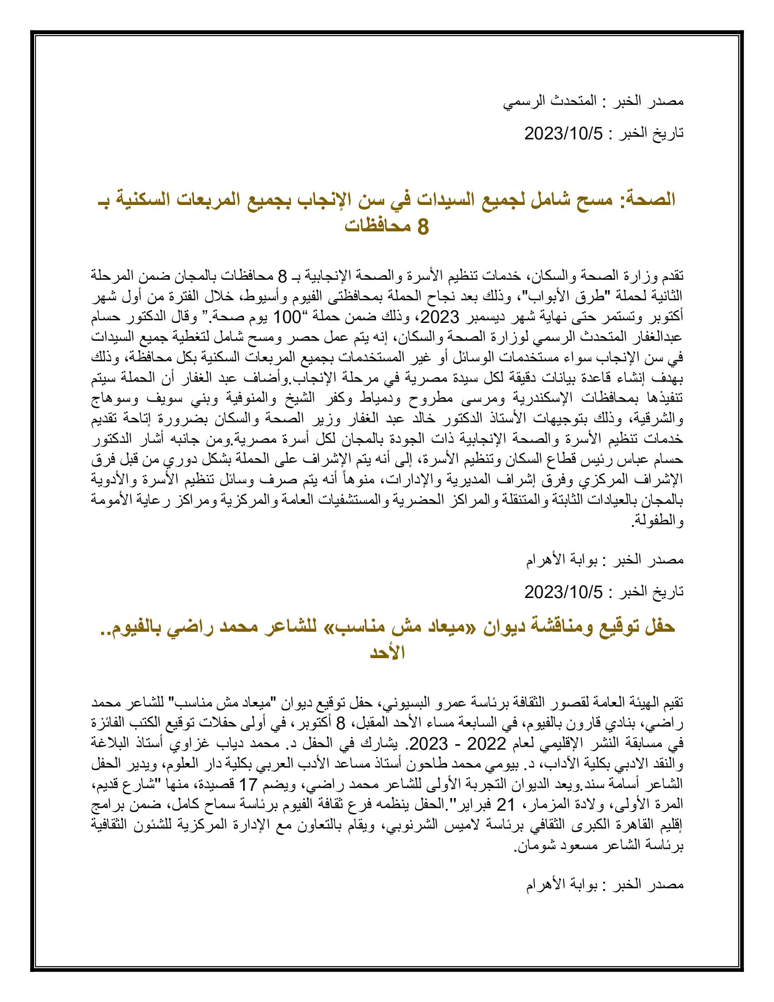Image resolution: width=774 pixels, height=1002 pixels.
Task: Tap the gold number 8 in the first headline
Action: click(423, 227)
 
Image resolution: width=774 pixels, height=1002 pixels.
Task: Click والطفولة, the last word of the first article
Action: click(658, 520)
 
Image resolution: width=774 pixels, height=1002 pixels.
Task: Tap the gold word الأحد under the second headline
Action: click(387, 652)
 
